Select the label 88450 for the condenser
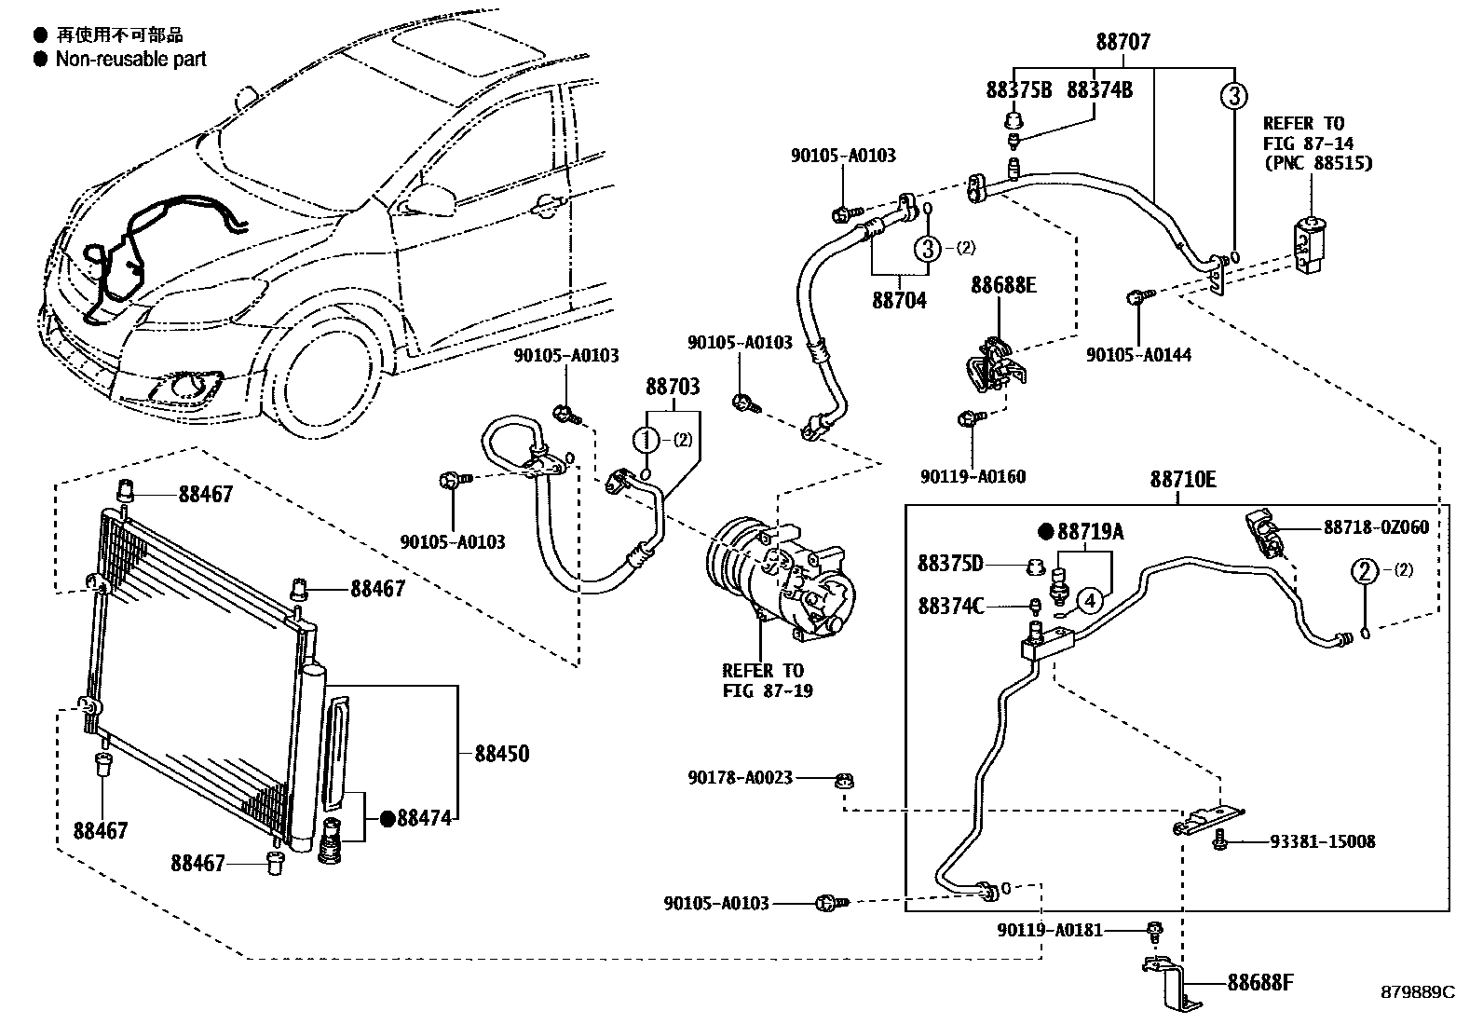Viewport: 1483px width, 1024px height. click(x=501, y=753)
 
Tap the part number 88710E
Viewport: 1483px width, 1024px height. click(x=1182, y=480)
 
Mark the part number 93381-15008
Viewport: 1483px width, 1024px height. click(x=1322, y=842)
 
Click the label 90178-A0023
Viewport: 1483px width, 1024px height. click(x=741, y=777)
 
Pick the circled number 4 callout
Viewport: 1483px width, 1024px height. click(x=1091, y=601)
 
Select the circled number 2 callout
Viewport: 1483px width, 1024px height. click(x=1365, y=570)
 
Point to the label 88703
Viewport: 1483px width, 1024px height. click(x=673, y=387)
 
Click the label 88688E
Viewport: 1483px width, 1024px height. click(x=1003, y=285)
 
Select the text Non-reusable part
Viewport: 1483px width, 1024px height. click(x=130, y=60)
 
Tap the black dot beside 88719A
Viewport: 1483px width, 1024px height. click(x=1044, y=532)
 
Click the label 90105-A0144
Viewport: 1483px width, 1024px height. click(x=1138, y=355)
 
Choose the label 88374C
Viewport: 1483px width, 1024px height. click(x=950, y=607)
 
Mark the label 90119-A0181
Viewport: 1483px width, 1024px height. click(x=1049, y=930)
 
